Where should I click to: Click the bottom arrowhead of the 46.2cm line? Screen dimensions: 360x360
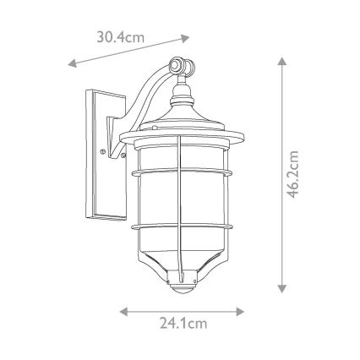281,288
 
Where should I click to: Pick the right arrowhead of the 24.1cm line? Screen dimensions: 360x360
241,312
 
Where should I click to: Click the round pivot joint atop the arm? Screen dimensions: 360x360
177,64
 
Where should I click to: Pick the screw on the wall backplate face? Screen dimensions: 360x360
102,152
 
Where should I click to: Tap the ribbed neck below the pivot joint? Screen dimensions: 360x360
180,93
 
